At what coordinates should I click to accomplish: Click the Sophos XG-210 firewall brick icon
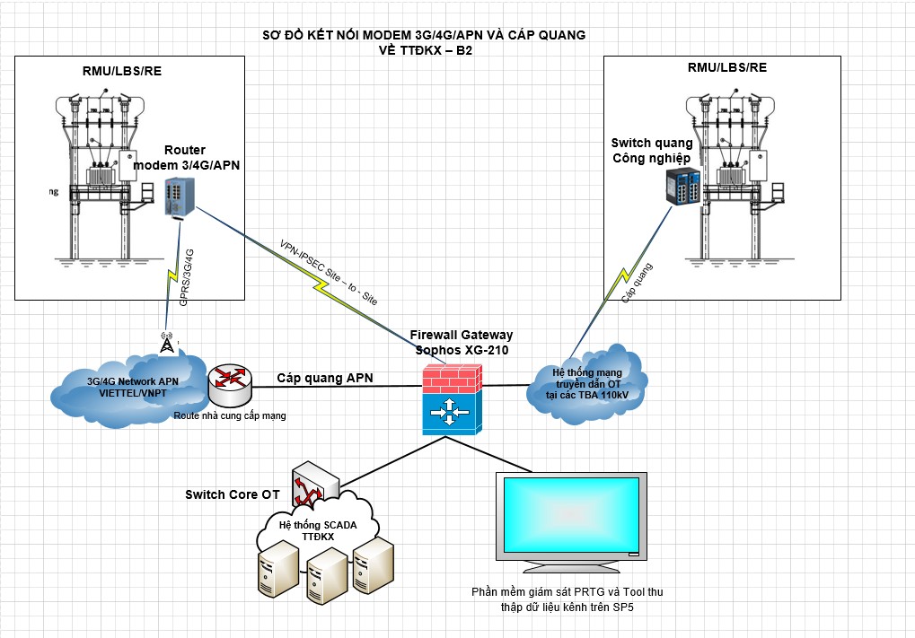(x=453, y=398)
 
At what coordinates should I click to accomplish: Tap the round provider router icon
(x=230, y=385)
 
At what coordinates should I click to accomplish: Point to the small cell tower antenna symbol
(x=167, y=344)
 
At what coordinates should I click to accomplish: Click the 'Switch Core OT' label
(x=233, y=494)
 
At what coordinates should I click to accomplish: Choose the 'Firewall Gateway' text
(x=461, y=335)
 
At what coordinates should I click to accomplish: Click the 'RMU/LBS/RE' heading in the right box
(x=726, y=67)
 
